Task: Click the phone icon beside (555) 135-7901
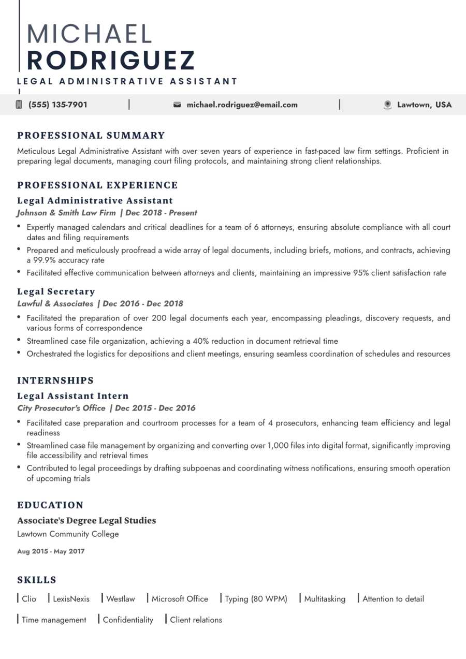click(19, 105)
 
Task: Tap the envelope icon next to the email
click(177, 105)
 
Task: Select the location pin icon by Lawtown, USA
click(387, 105)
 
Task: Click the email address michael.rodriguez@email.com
click(242, 105)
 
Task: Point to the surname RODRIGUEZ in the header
click(111, 60)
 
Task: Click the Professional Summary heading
click(91, 136)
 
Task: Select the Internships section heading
click(55, 380)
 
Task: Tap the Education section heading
click(50, 505)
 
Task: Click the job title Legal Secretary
click(56, 291)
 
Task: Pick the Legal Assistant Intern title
click(73, 396)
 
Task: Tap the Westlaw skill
click(120, 599)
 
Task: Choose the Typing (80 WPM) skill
click(256, 599)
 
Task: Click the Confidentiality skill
click(128, 620)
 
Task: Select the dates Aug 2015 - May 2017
click(51, 551)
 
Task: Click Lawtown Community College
click(68, 534)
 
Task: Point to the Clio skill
click(29, 599)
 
